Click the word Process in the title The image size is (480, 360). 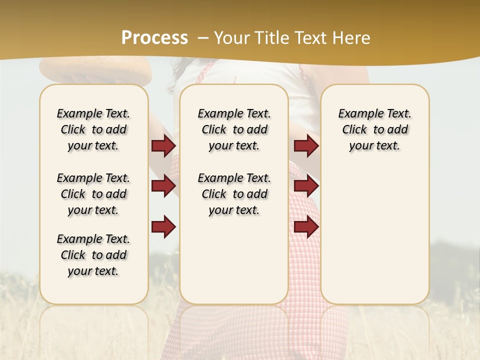(154, 38)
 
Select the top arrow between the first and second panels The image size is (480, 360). (163, 146)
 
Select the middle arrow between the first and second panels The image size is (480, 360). (163, 186)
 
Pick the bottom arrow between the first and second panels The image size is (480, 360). (163, 226)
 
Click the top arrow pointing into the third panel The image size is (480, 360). (306, 146)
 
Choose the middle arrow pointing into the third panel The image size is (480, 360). (306, 186)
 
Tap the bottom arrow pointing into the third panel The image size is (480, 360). (306, 226)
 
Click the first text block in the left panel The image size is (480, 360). (93, 129)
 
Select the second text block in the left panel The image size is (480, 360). (93, 194)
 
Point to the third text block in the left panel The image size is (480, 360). (93, 255)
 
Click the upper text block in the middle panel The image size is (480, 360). (234, 129)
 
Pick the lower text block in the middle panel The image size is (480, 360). (234, 194)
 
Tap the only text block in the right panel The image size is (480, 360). (374, 129)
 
